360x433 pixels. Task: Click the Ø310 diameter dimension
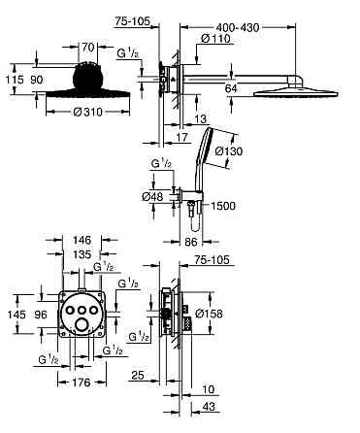[87, 113]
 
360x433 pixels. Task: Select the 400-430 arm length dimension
[238, 27]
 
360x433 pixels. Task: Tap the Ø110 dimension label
[215, 39]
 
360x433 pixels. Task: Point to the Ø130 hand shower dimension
[229, 150]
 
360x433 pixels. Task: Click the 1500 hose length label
[223, 206]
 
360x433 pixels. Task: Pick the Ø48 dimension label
[152, 196]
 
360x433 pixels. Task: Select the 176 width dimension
[81, 383]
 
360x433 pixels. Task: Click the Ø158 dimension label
[210, 314]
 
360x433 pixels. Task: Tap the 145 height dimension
[16, 315]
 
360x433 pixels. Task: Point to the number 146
[82, 240]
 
